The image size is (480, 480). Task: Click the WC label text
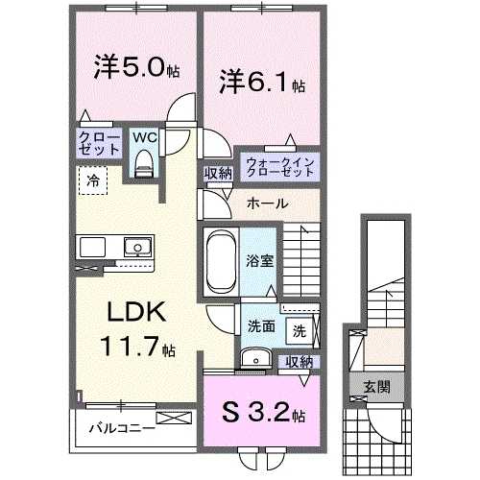tap(144, 137)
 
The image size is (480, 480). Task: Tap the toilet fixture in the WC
tap(145, 166)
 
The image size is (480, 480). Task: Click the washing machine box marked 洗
tap(300, 332)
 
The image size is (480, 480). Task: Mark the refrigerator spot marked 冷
tap(94, 180)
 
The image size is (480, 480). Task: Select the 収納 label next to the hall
tap(217, 174)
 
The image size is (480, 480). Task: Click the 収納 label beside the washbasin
tap(300, 361)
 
